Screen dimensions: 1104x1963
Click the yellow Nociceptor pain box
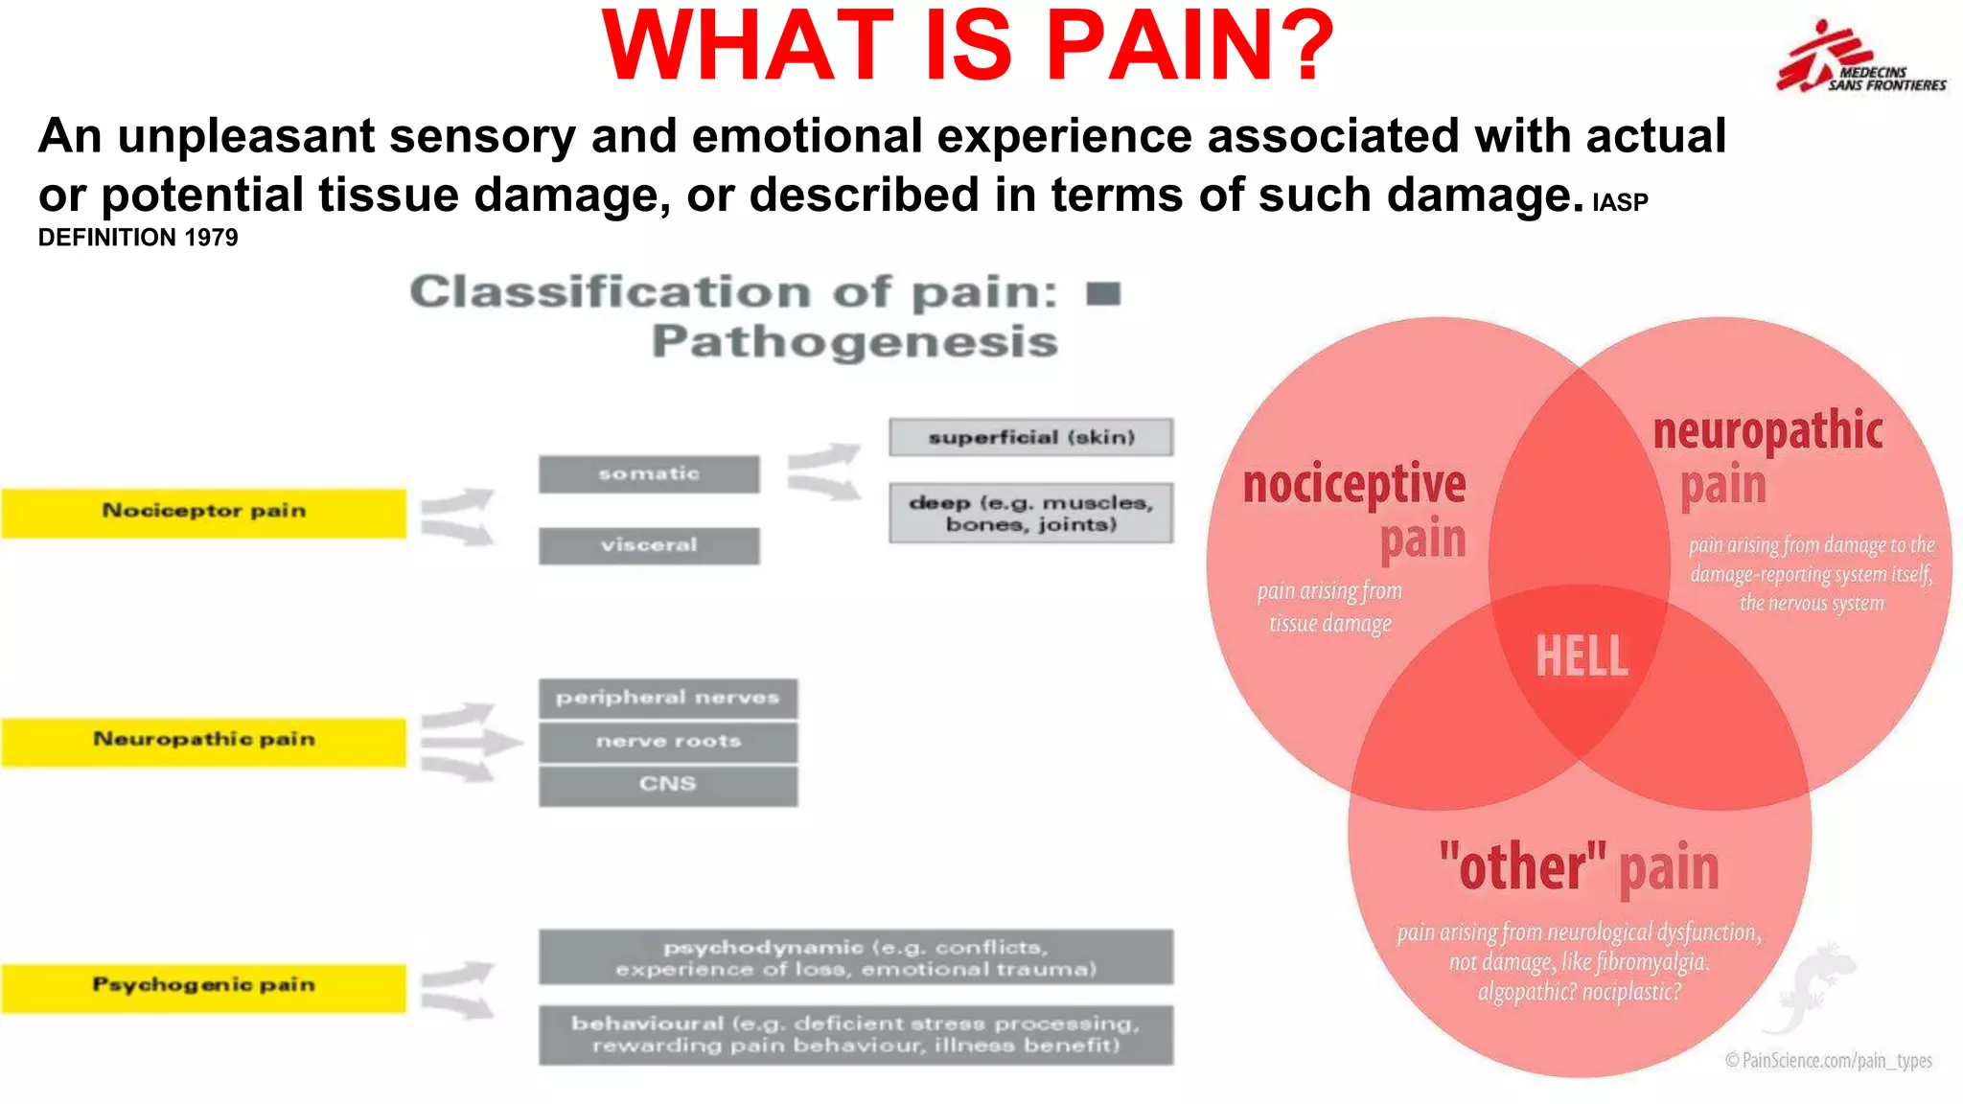tap(203, 513)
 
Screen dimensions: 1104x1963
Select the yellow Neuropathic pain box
tap(203, 741)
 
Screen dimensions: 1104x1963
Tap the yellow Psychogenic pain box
tap(203, 987)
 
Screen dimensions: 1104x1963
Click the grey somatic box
tap(649, 474)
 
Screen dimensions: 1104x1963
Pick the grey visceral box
tap(649, 545)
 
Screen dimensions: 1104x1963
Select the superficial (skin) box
tap(1030, 437)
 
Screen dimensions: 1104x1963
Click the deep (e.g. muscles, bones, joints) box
tap(1030, 513)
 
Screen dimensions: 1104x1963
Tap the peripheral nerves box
tap(668, 698)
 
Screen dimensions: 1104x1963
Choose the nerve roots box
tap(668, 741)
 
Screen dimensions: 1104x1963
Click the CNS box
tap(668, 785)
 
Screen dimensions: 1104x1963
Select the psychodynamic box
tap(855, 957)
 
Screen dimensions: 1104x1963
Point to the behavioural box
tap(855, 1034)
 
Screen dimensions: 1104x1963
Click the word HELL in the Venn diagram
tap(1581, 657)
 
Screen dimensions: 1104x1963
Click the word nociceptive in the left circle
tap(1353, 484)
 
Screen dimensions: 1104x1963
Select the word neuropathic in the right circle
tap(1767, 430)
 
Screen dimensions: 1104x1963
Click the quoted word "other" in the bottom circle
tap(1522, 866)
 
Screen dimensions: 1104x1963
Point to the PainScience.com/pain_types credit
tap(1828, 1060)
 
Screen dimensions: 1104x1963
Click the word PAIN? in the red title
tap(1189, 46)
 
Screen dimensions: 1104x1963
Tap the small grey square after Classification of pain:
tap(1103, 293)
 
